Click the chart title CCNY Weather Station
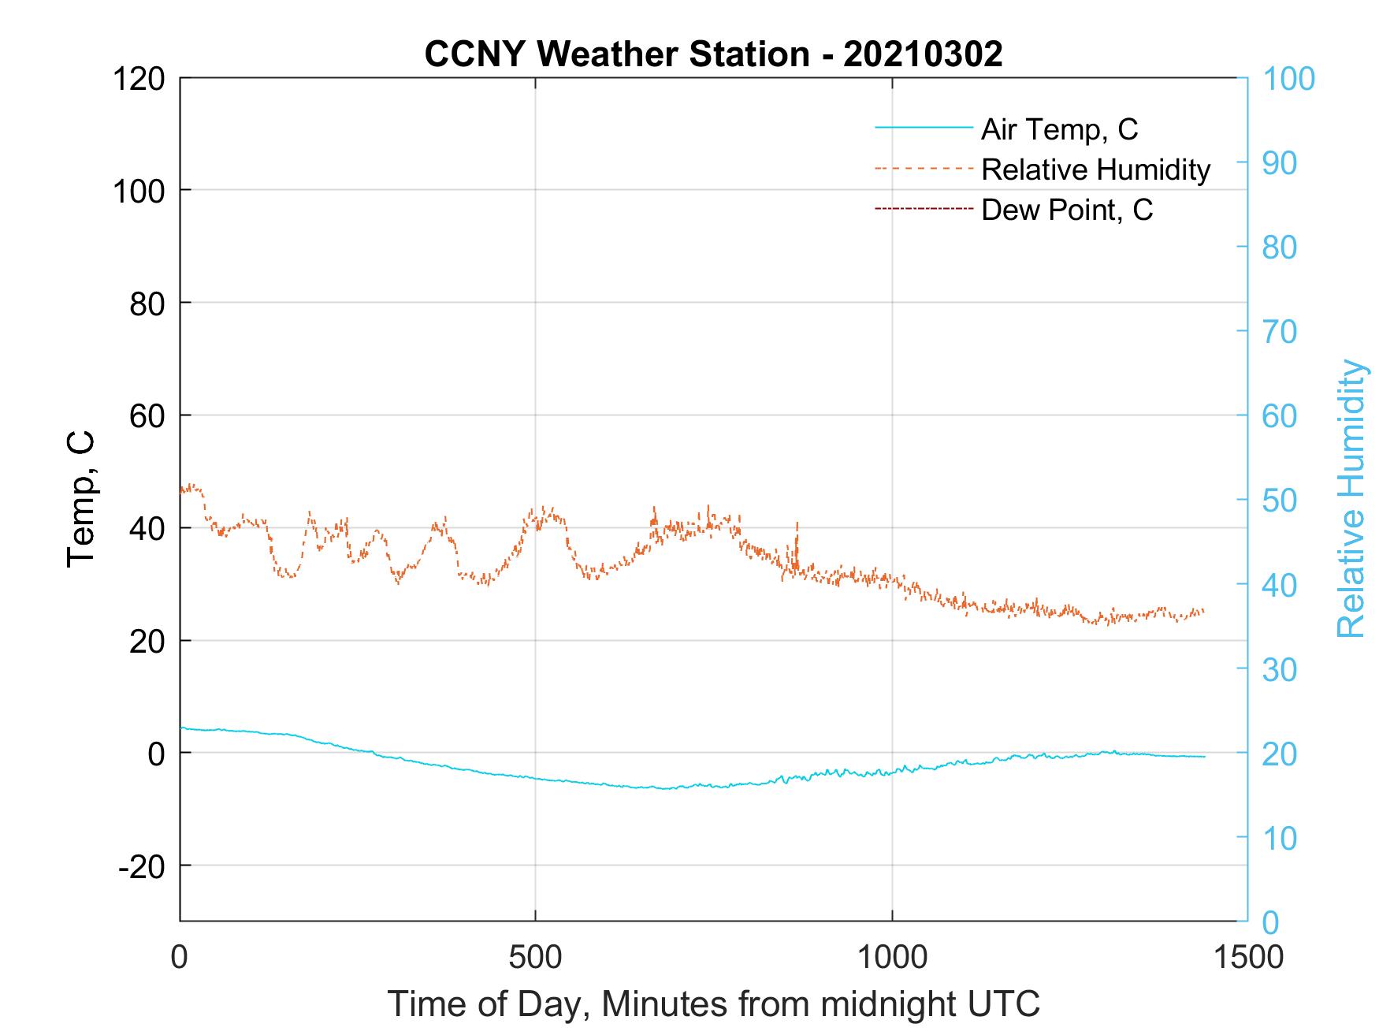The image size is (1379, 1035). [713, 54]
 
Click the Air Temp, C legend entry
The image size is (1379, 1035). [1059, 129]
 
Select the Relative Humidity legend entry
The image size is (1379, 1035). [1095, 169]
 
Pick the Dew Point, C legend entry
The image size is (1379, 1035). [1067, 210]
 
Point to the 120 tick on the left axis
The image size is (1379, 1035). [138, 79]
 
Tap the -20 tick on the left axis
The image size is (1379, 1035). [142, 866]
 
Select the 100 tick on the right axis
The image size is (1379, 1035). [1288, 79]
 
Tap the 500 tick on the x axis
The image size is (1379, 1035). [535, 958]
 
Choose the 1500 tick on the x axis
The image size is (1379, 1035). [1247, 958]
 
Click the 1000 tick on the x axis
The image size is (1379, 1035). [892, 958]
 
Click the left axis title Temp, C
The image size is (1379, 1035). [81, 499]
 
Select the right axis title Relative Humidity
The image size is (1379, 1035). [1351, 499]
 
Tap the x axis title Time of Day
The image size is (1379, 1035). [713, 1004]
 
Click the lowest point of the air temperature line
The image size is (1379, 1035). [666, 788]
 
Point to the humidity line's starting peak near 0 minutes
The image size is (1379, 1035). [191, 486]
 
